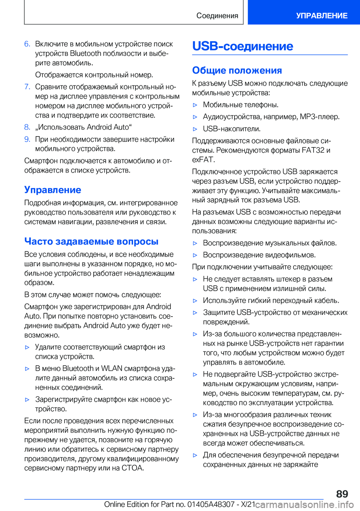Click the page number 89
pyautogui.click(x=342, y=494)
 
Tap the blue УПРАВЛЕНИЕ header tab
pyautogui.click(x=321, y=16)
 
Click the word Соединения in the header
pyautogui.click(x=217, y=16)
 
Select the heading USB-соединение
pyautogui.click(x=242, y=46)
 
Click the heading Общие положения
pyautogui.click(x=237, y=71)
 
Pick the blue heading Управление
pyautogui.click(x=52, y=190)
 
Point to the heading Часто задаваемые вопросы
pyautogui.click(x=91, y=241)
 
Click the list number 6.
pyautogui.click(x=27, y=44)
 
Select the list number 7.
pyautogui.click(x=27, y=87)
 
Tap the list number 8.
pyautogui.click(x=27, y=127)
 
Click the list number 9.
pyautogui.click(x=27, y=140)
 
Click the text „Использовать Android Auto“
pyautogui.click(x=83, y=127)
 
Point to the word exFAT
pyautogui.click(x=202, y=160)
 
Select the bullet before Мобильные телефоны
pyautogui.click(x=195, y=105)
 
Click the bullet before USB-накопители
pyautogui.click(x=195, y=129)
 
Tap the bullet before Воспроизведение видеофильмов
pyautogui.click(x=195, y=255)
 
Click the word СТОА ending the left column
pyautogui.click(x=132, y=468)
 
